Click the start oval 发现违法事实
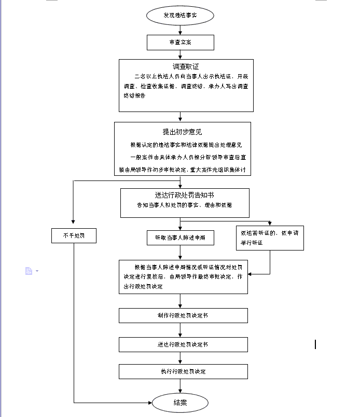[x=180, y=16]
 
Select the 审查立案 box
[x=180, y=42]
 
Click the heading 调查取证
[x=186, y=67]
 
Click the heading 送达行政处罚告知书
[x=185, y=195]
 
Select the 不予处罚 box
[x=74, y=235]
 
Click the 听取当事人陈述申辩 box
[x=180, y=238]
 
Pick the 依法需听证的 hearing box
[x=270, y=238]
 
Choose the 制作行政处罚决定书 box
[x=183, y=315]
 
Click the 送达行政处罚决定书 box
[x=183, y=344]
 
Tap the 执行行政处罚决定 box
[x=183, y=371]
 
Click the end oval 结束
[x=180, y=402]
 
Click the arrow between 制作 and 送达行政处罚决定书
[x=180, y=330]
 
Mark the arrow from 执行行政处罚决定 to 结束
[x=180, y=385]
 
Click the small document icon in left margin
[x=29, y=271]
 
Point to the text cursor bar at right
[x=315, y=344]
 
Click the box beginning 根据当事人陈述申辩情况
[x=183, y=276]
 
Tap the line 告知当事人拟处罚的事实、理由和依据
[x=185, y=205]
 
